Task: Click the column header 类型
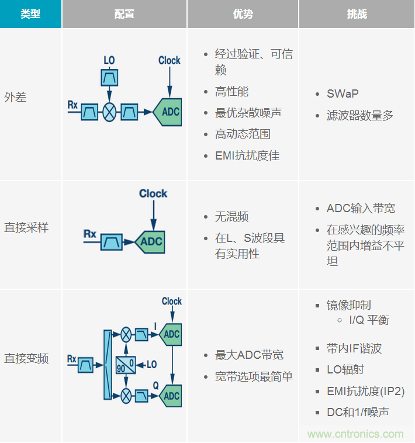click(x=30, y=14)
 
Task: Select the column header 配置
click(x=124, y=14)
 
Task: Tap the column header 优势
click(x=243, y=14)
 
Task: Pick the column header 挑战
click(x=357, y=14)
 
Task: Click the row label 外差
click(x=16, y=97)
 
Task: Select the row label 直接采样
click(x=26, y=228)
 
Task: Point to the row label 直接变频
click(x=26, y=358)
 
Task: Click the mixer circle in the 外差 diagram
click(x=109, y=112)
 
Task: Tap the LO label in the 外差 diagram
click(x=109, y=60)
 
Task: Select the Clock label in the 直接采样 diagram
click(x=153, y=193)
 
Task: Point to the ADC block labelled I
click(x=171, y=334)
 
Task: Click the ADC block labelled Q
click(x=171, y=396)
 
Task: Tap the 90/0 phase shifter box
click(x=126, y=365)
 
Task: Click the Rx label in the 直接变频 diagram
click(x=72, y=358)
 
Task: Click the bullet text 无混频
click(x=231, y=217)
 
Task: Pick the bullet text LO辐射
click(x=345, y=370)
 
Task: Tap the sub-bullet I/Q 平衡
click(x=369, y=320)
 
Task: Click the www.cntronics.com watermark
click(x=355, y=434)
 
